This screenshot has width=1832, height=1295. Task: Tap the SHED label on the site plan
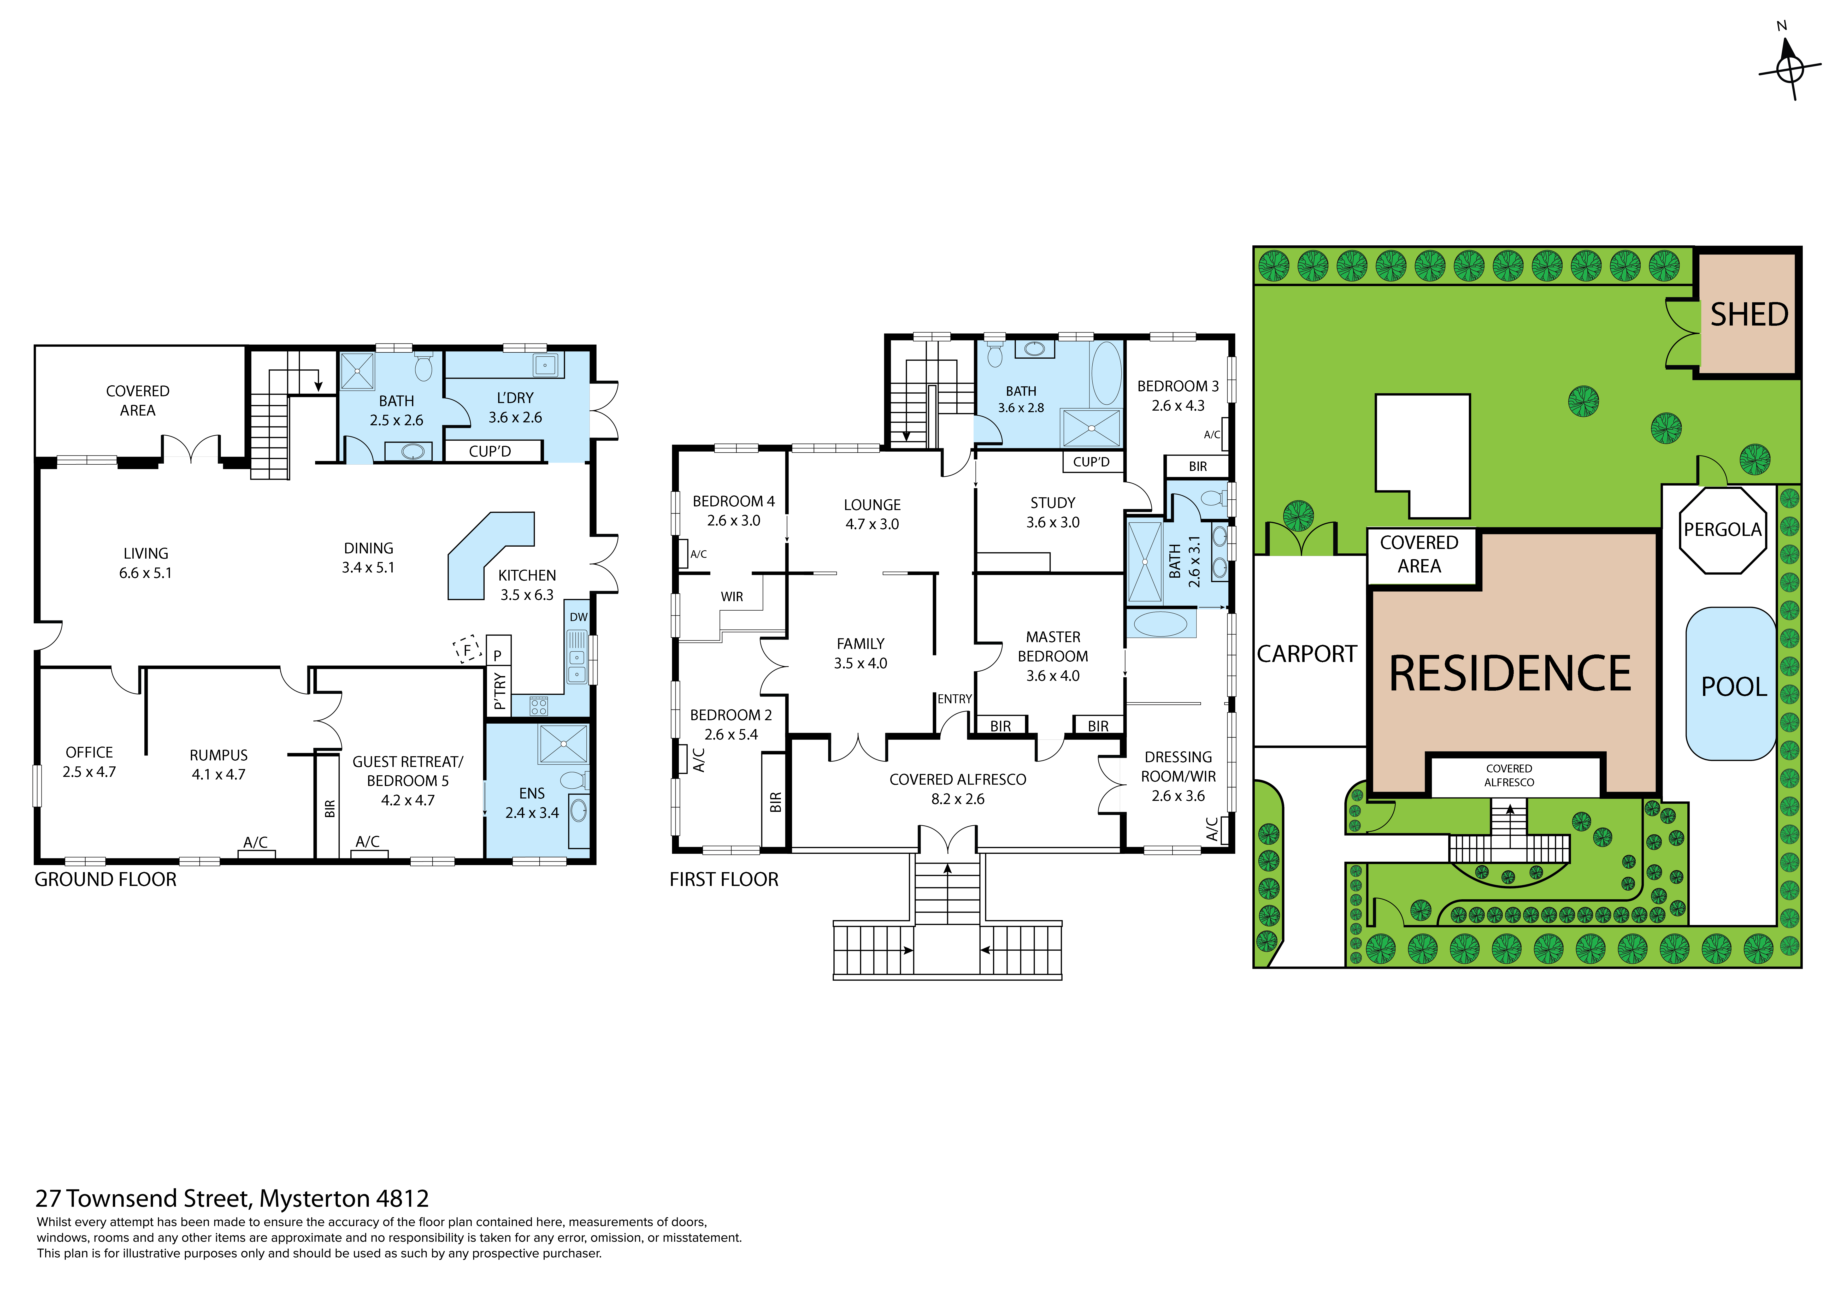tap(1749, 314)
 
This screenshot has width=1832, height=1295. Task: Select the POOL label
tap(1734, 687)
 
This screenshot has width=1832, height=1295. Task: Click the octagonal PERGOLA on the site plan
tap(1723, 530)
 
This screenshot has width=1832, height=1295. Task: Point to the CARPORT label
tap(1307, 654)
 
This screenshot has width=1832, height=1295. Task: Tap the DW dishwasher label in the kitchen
tap(579, 617)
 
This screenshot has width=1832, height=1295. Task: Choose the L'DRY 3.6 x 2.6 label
tap(515, 407)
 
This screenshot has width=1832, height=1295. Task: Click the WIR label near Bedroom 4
tap(732, 597)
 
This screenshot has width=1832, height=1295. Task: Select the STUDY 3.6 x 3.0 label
tap(1053, 512)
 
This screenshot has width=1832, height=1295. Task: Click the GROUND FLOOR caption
tap(105, 879)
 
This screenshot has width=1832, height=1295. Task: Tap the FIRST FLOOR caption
tap(724, 879)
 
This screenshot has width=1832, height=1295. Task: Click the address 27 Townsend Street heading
tap(232, 1198)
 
